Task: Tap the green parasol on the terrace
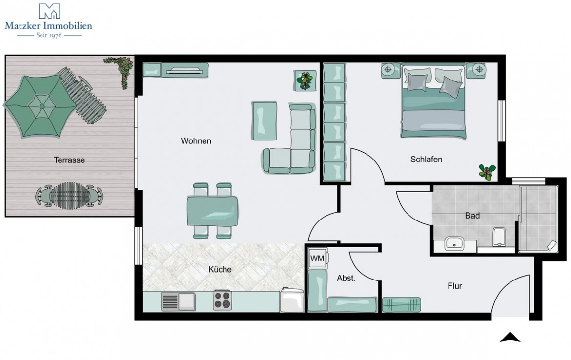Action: pyautogui.click(x=41, y=106)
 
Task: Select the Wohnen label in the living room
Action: pyautogui.click(x=196, y=141)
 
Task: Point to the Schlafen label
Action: pyautogui.click(x=426, y=159)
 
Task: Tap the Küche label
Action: pyautogui.click(x=220, y=269)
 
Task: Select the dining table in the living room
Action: pyautogui.click(x=213, y=210)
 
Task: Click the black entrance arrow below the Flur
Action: pyautogui.click(x=510, y=337)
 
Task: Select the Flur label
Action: pyautogui.click(x=454, y=286)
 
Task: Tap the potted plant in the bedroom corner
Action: pyautogui.click(x=487, y=172)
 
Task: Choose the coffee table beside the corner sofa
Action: pyautogui.click(x=265, y=120)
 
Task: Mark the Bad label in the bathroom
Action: pyautogui.click(x=472, y=215)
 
